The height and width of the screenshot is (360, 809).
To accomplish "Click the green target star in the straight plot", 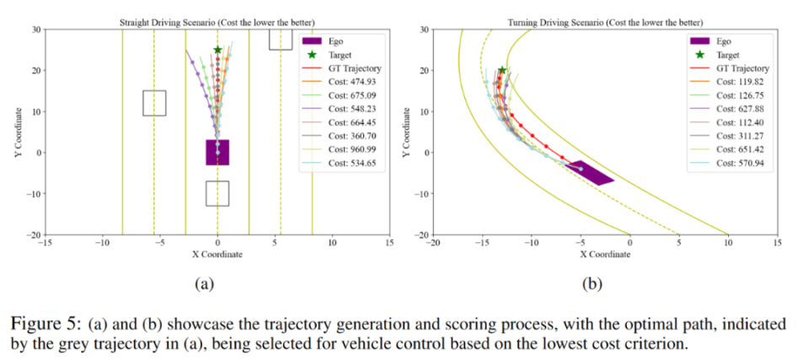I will coord(217,50).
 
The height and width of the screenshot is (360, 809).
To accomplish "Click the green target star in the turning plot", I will coord(502,71).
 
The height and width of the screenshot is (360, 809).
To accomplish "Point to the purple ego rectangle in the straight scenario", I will coord(217,153).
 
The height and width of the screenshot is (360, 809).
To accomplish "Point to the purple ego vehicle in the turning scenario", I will coord(592,172).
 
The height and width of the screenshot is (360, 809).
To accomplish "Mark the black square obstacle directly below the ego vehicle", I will coord(217,193).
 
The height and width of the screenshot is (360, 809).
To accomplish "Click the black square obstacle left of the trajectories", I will coord(154,103).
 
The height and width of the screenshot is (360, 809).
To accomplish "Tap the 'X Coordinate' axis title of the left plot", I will coord(217,254).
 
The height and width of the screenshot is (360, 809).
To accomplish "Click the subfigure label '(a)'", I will coord(203,284).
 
